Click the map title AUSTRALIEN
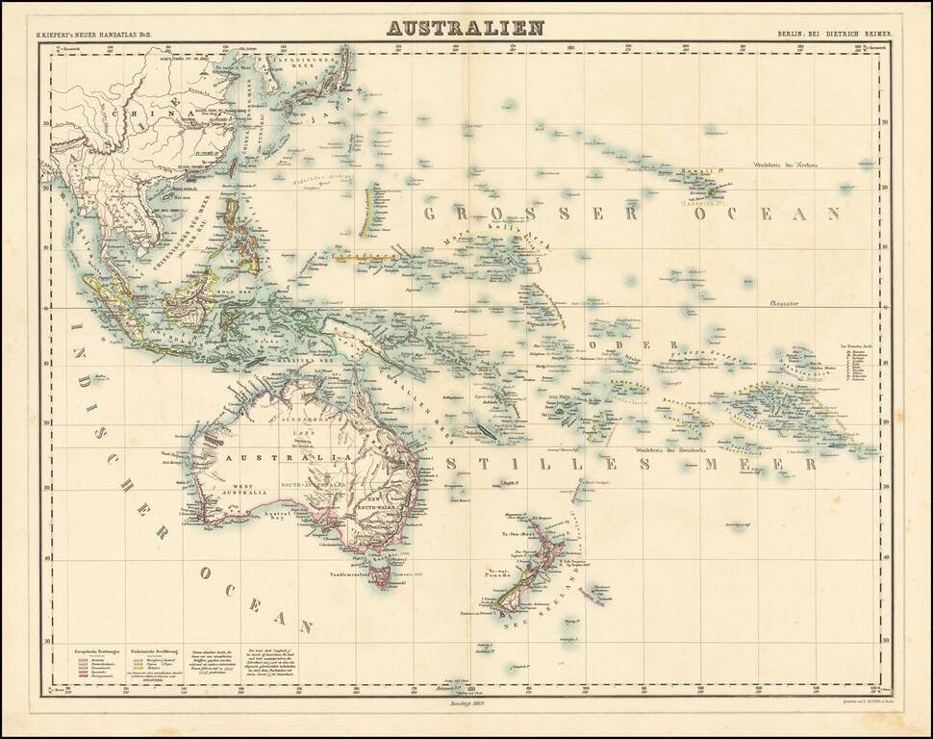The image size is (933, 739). coord(466,26)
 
